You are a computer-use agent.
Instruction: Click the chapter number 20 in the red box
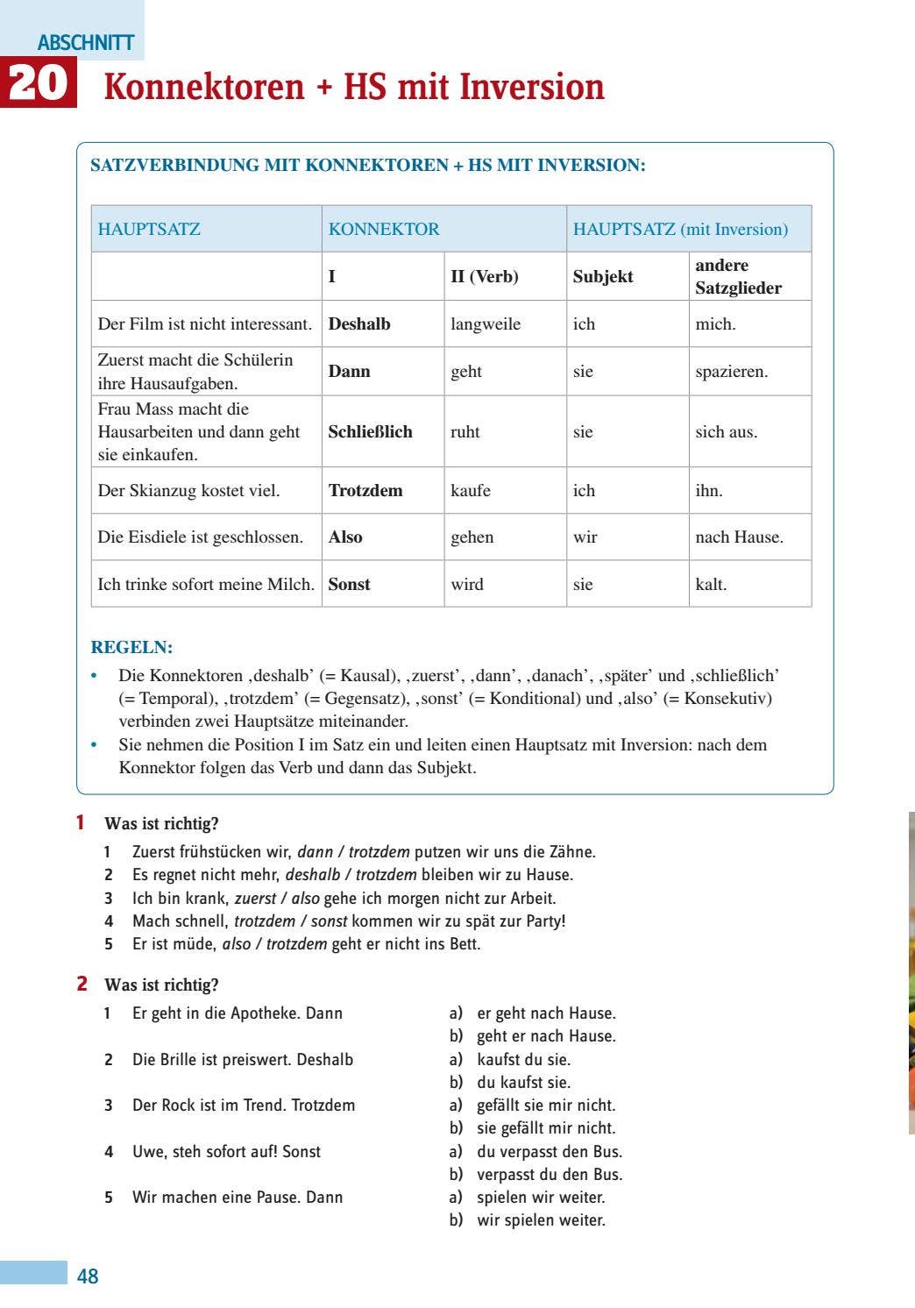coord(39,83)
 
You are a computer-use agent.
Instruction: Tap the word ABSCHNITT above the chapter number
coord(86,42)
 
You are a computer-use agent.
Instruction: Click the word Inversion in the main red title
coord(532,87)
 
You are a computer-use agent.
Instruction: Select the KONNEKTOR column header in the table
coord(384,230)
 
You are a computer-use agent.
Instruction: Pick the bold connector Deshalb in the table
coord(359,324)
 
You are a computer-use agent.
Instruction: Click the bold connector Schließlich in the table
coord(370,432)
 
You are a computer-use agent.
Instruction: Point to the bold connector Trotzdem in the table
coord(365,491)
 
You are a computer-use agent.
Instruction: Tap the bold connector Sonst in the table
coord(349,585)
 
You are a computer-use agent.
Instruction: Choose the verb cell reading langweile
coord(486,324)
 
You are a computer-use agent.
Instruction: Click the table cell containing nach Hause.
coord(739,537)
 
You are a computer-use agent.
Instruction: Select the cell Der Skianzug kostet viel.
coord(188,491)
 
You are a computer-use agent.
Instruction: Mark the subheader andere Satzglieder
coord(738,277)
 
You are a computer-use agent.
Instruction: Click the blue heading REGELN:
coord(131,648)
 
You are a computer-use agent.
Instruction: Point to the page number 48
coord(88,1276)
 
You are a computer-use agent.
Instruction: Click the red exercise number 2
coord(82,984)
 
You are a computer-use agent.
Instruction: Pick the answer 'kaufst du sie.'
coord(523,1060)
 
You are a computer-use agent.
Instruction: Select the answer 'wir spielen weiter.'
coord(541,1220)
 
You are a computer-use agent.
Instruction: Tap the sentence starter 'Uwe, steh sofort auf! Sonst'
coord(226,1152)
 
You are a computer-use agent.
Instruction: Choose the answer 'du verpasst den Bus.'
coord(550,1152)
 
